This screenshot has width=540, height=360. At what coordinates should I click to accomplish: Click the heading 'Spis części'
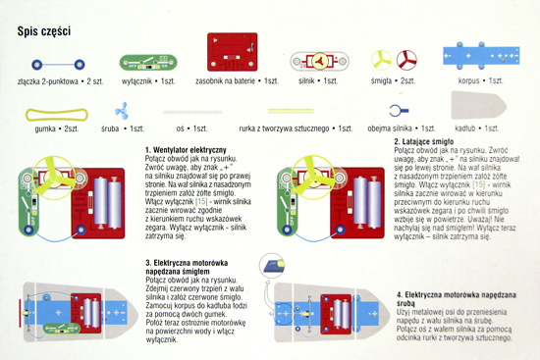(x=44, y=31)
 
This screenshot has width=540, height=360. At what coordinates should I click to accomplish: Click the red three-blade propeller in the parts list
(x=406, y=60)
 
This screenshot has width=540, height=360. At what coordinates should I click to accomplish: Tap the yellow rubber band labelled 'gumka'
(x=57, y=115)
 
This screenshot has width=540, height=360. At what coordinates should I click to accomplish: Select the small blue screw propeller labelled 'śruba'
(x=122, y=111)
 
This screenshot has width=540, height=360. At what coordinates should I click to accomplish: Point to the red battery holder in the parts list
(x=232, y=52)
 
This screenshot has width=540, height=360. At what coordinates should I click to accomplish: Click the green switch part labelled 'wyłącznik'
(x=148, y=63)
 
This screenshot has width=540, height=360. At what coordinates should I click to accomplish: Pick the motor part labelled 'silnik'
(x=319, y=61)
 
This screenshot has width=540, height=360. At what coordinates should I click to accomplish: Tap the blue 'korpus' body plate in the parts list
(x=481, y=55)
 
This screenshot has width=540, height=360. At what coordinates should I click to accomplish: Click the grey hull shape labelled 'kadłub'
(x=479, y=105)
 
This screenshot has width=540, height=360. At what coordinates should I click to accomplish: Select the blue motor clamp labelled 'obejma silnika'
(x=399, y=111)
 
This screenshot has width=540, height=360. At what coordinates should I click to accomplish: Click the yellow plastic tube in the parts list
(x=291, y=111)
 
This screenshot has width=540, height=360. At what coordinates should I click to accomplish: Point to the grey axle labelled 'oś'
(x=192, y=112)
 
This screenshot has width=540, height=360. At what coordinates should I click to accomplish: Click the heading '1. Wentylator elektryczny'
(x=186, y=150)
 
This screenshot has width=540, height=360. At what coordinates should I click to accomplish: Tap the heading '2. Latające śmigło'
(x=423, y=141)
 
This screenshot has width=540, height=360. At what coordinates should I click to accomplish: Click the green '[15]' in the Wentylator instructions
(x=202, y=201)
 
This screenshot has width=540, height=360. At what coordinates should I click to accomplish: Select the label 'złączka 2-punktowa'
(x=47, y=81)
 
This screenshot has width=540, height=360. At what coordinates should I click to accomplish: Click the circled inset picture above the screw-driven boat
(x=272, y=266)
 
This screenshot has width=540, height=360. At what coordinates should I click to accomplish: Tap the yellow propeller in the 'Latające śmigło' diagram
(x=312, y=178)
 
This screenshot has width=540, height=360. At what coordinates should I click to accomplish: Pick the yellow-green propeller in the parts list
(x=381, y=60)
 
